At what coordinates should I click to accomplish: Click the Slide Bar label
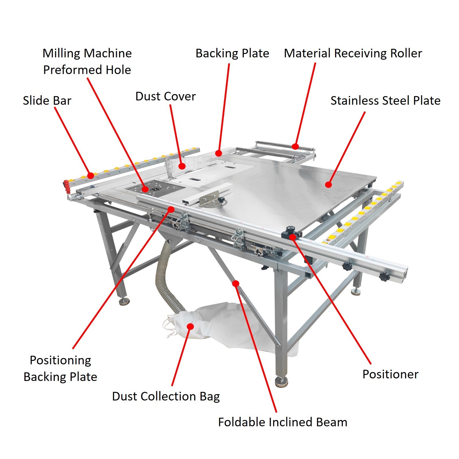click(47, 101)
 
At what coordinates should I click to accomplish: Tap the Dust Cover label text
click(166, 96)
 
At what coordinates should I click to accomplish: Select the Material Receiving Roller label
click(353, 53)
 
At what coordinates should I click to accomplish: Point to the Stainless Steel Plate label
click(385, 101)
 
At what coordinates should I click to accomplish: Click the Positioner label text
click(390, 374)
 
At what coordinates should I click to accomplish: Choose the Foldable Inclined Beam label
click(283, 422)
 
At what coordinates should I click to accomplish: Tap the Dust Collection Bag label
click(166, 396)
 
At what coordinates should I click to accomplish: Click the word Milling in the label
click(61, 53)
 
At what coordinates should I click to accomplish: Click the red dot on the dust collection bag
click(190, 326)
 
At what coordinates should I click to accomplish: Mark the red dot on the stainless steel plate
click(329, 184)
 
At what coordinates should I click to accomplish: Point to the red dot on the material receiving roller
click(295, 147)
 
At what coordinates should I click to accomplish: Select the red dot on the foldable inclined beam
click(236, 284)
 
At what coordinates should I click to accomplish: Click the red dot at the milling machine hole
click(145, 189)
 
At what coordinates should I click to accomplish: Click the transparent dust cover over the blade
click(175, 166)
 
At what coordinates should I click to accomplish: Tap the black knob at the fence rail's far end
click(384, 277)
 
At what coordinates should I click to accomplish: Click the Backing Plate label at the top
click(232, 53)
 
